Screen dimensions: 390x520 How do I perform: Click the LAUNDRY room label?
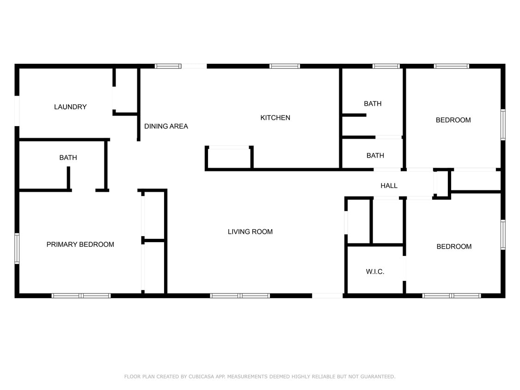(70, 107)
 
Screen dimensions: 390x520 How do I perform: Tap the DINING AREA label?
(166, 126)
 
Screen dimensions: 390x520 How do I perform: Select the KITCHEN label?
(275, 118)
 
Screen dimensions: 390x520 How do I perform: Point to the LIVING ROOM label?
(250, 232)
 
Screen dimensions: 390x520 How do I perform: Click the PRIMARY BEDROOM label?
(80, 244)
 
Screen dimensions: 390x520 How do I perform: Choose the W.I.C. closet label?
(375, 272)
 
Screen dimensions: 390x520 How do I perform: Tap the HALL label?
(389, 186)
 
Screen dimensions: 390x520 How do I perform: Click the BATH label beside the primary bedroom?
(68, 158)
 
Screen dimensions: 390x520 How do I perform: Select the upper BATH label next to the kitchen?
(373, 104)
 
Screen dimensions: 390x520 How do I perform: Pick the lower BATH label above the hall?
(375, 156)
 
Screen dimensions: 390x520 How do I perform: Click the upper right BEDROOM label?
(453, 120)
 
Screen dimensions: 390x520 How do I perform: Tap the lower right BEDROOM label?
(454, 247)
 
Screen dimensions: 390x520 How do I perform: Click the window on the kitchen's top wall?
(285, 66)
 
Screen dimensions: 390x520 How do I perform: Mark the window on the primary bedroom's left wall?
(17, 248)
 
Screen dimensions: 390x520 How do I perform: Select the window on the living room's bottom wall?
(239, 295)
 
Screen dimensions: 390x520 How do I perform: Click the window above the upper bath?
(386, 66)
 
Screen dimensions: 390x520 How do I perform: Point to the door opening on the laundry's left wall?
(17, 110)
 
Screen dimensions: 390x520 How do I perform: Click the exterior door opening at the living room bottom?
(327, 295)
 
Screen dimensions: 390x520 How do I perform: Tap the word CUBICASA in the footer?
(202, 377)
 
